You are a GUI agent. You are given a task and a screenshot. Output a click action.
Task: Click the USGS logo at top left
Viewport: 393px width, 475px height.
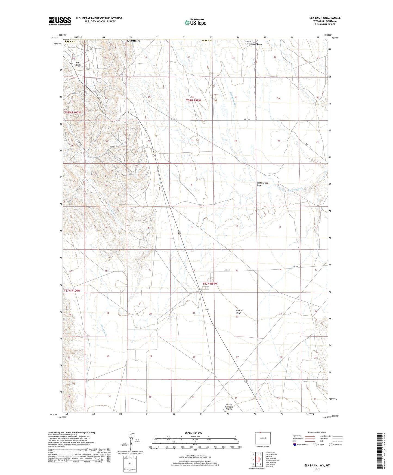tap(60, 21)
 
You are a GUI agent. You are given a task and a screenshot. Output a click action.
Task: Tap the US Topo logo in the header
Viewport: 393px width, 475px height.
tap(195, 22)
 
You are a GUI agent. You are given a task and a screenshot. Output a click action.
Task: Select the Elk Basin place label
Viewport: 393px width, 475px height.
tap(78, 64)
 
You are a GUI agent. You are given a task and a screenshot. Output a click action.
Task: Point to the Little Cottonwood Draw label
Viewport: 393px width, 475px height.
tap(253, 43)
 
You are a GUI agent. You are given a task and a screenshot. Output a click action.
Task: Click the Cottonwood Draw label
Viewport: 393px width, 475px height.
tap(262, 184)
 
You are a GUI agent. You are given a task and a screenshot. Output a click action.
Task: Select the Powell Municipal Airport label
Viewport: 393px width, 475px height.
tap(229, 407)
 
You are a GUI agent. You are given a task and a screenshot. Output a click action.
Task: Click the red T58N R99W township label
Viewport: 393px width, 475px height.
tap(193, 100)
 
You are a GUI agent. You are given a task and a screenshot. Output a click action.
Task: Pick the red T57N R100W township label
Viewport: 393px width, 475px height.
tap(72, 291)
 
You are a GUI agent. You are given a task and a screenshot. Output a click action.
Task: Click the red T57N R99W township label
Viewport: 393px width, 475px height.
tap(210, 283)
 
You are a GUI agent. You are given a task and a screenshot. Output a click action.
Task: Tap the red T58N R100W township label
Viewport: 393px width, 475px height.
tap(73, 112)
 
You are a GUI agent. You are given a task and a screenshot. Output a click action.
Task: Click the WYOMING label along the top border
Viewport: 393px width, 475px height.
tap(133, 41)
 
